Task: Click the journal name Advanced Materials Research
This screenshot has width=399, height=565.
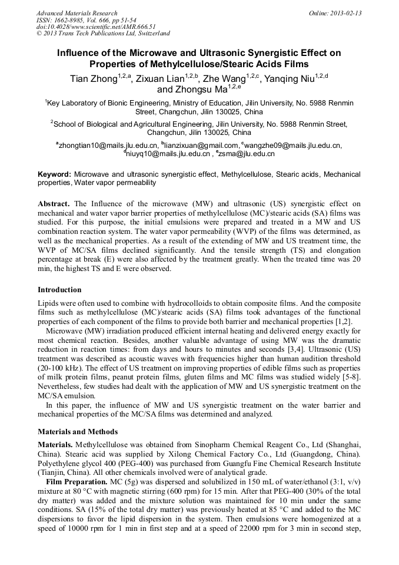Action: (77, 13)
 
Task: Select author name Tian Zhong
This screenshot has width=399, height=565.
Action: (93, 79)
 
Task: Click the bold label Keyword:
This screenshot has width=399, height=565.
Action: (54, 174)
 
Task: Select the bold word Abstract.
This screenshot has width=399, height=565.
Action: (54, 203)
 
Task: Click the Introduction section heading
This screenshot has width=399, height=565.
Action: (59, 290)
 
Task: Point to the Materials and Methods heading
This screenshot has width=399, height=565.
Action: (78, 432)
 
